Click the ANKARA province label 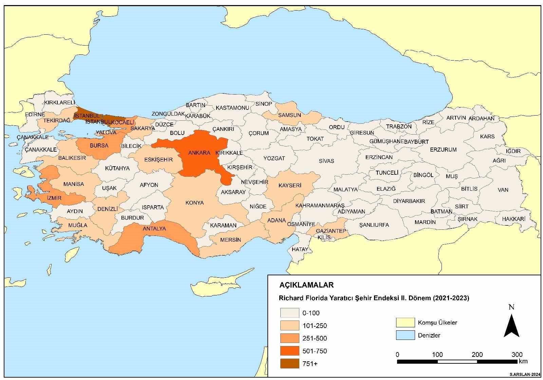199,153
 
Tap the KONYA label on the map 194,203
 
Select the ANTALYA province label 154,228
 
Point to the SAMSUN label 289,115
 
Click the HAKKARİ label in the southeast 513,219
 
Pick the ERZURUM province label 443,150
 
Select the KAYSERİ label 290,186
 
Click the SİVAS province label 326,161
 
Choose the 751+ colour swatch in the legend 289,364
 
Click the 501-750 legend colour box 289,351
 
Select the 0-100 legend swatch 289,313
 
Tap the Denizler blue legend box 405,335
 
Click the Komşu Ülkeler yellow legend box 405,323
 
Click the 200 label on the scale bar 477,355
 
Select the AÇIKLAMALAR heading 301,285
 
